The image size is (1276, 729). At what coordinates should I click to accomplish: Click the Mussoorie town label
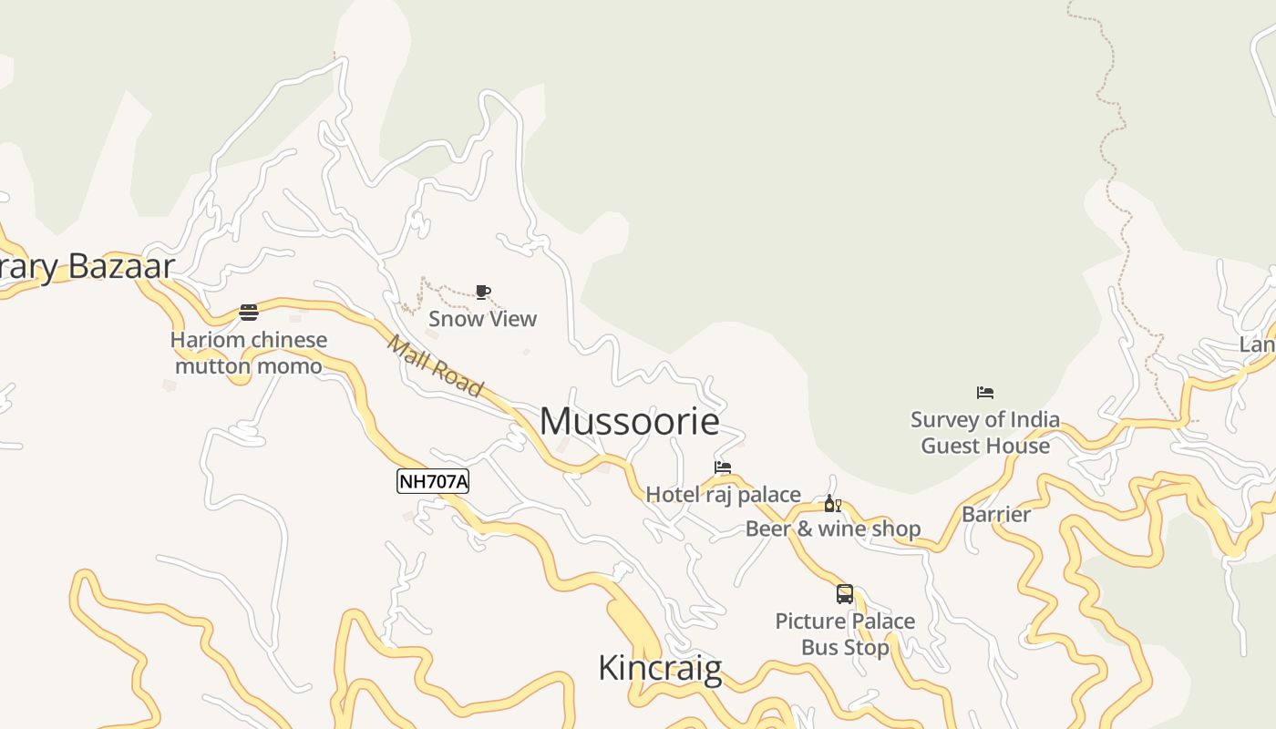point(630,421)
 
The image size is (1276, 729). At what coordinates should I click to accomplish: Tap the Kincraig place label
point(660,668)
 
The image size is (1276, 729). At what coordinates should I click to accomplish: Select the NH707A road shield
point(433,481)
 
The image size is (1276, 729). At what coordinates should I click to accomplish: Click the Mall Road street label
point(435,365)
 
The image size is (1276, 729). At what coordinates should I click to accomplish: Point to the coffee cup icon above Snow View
point(483,293)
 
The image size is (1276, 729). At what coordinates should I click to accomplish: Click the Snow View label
point(483,319)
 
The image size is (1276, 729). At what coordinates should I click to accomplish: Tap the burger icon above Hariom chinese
point(249,313)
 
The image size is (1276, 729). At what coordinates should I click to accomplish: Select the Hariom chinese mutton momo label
point(249,353)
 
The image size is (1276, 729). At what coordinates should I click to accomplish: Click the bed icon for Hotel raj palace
point(723,467)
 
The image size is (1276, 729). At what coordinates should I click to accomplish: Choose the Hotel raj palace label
point(723,495)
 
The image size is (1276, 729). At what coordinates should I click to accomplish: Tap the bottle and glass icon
point(832,504)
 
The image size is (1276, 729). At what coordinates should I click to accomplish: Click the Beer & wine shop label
point(833,529)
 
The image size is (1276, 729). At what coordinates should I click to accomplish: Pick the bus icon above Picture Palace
point(845,594)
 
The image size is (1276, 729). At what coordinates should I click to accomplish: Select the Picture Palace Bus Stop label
point(845,634)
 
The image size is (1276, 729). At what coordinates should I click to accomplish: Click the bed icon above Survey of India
point(985,393)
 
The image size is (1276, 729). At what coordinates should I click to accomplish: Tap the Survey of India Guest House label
point(985,433)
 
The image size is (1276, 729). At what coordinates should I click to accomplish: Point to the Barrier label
point(996,514)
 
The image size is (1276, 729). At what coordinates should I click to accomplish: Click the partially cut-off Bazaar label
point(87,266)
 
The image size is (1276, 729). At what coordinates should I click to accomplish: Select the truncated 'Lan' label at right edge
point(1257,344)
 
